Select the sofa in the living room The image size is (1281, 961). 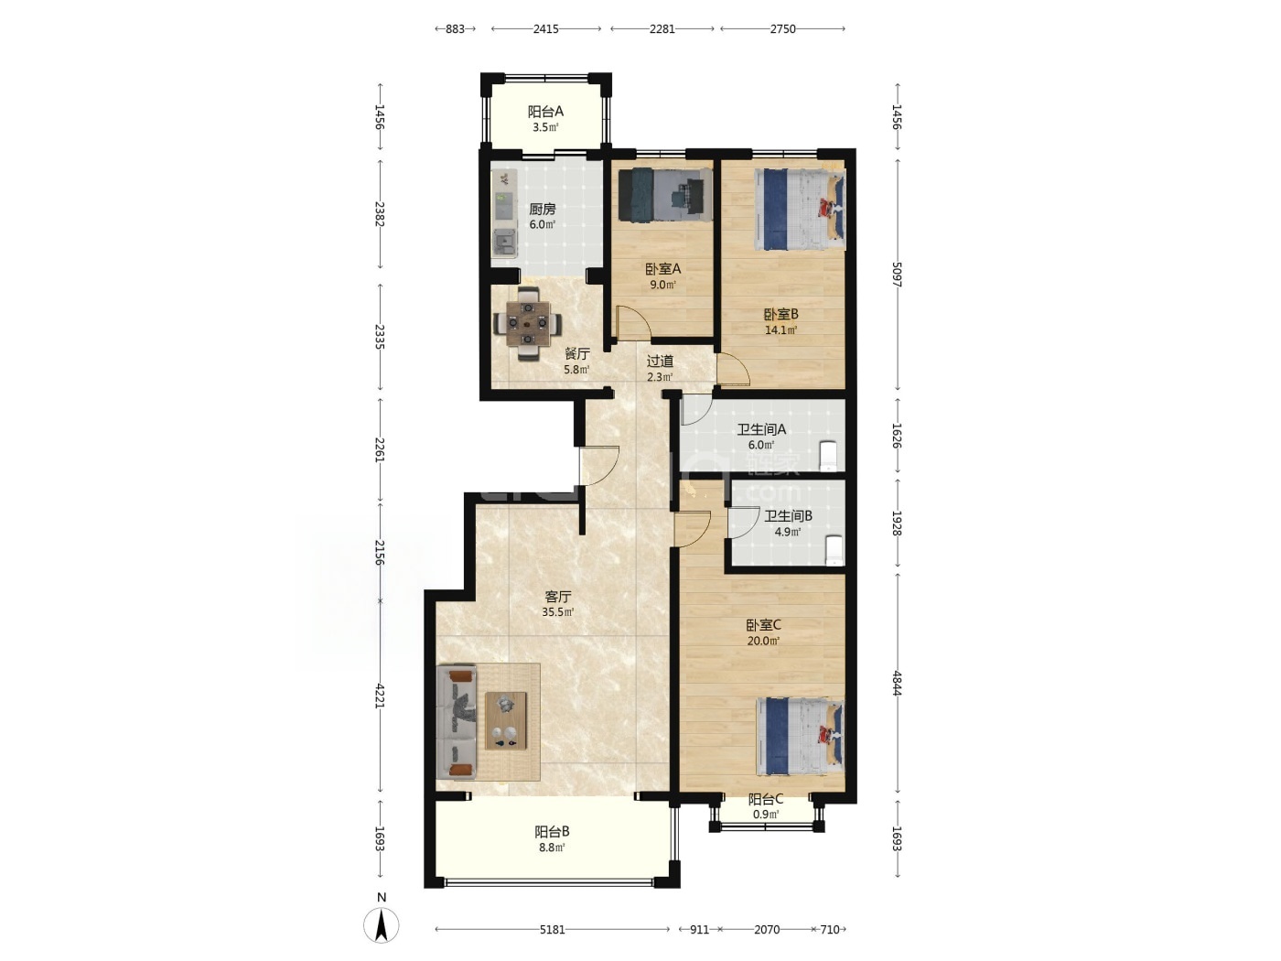tap(457, 723)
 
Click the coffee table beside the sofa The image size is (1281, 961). tap(506, 720)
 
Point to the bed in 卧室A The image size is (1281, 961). tap(665, 194)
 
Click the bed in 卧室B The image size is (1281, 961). tap(799, 209)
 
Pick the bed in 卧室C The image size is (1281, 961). tap(800, 737)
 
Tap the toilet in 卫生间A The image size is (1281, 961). tap(828, 456)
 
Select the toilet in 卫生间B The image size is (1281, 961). tap(834, 550)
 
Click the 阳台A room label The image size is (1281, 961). tap(545, 111)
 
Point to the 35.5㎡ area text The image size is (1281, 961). tap(558, 612)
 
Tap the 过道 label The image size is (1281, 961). tap(660, 362)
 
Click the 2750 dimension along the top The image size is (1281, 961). tap(782, 28)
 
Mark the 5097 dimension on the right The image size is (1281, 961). tap(898, 275)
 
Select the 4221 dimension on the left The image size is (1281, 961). tap(380, 696)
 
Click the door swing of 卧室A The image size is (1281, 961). tap(634, 322)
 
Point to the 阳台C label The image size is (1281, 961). tap(766, 799)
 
